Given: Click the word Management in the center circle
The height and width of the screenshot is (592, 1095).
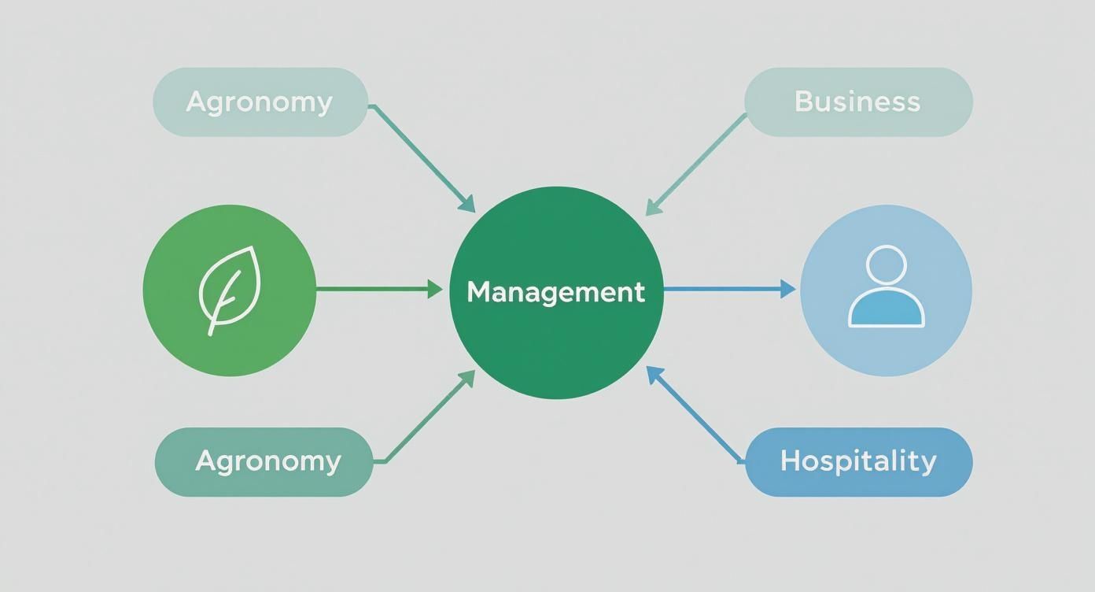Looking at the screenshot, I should tap(555, 292).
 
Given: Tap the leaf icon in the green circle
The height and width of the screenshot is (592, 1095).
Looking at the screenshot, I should tap(228, 290).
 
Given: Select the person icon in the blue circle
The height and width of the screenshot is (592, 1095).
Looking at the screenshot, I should tap(886, 287).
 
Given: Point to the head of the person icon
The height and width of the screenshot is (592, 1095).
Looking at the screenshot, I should tap(886, 265).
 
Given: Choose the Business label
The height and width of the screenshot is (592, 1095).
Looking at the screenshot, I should tap(857, 102).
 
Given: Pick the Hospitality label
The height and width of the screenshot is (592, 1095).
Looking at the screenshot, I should tap(858, 461).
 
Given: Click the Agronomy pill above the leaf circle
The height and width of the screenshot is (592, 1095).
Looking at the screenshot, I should tap(260, 102).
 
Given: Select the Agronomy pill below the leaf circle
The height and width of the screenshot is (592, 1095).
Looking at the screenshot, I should tap(263, 461).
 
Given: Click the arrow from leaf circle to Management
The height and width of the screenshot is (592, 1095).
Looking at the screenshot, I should tap(378, 290).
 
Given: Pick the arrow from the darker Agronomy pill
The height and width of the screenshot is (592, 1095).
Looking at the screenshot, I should tap(429, 417).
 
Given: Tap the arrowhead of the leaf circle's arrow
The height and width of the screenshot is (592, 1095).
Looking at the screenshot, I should tap(435, 290).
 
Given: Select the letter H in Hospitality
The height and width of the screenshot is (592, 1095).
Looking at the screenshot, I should tap(790, 461).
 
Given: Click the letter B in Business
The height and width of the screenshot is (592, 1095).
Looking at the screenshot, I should tap(804, 102).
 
